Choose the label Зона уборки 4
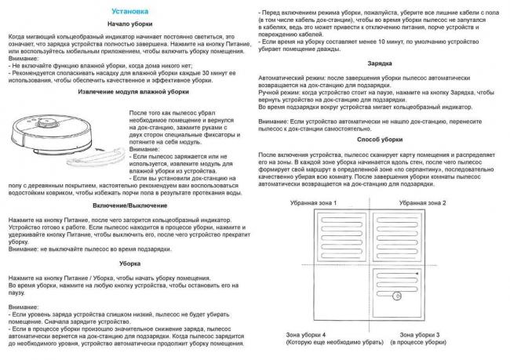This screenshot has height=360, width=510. click(x=308, y=335)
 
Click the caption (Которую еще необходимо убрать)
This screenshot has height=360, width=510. click(x=308, y=344)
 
